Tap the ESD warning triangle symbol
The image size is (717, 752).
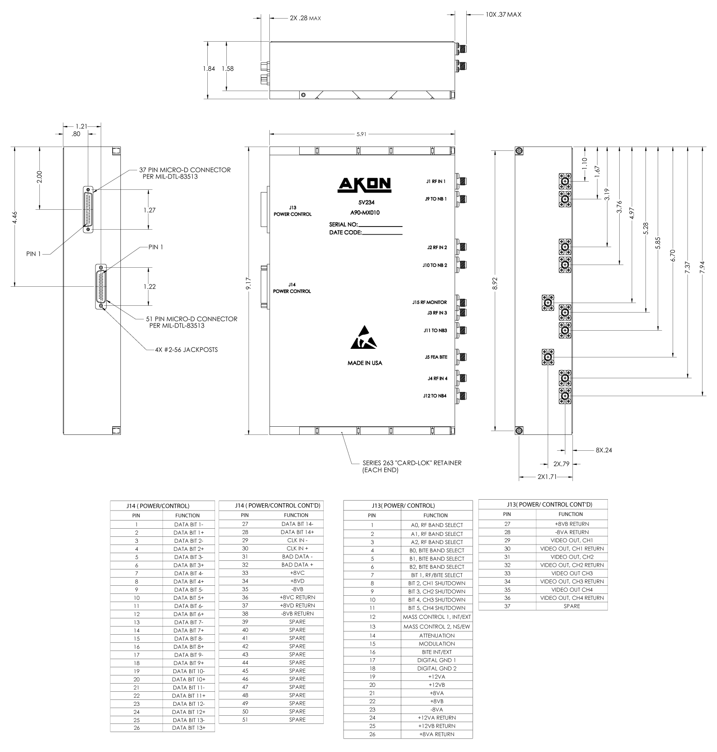click(x=364, y=338)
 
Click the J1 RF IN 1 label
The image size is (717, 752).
click(x=435, y=182)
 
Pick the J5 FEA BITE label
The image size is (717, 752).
click(x=435, y=357)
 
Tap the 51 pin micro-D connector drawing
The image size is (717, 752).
click(x=101, y=286)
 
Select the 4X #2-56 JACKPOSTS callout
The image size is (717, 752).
click(x=186, y=350)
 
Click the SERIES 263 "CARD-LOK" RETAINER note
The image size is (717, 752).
click(x=411, y=466)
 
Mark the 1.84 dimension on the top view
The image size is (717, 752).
click(x=209, y=69)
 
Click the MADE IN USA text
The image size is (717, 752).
click(x=364, y=363)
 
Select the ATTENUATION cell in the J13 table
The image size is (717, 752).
click(x=436, y=636)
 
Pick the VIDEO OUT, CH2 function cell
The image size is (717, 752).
click(x=572, y=557)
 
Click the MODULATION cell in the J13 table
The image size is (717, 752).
click(x=436, y=644)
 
